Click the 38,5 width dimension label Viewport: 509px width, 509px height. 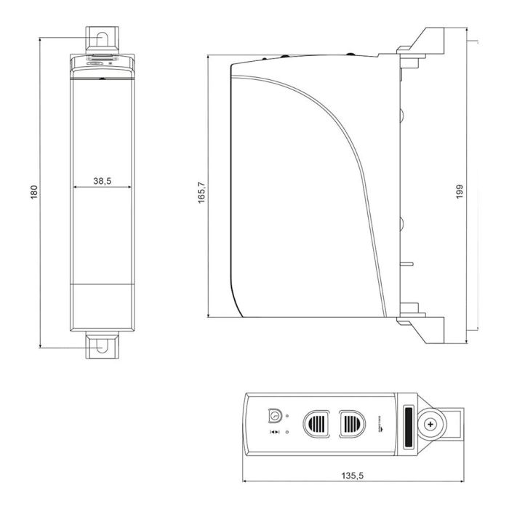point(102,180)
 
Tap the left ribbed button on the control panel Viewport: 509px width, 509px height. point(317,421)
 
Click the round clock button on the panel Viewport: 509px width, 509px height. point(275,414)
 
